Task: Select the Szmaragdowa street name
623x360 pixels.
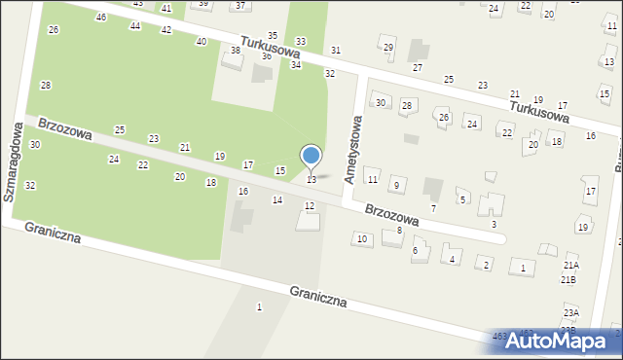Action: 13,162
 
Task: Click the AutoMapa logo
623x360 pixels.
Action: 563,341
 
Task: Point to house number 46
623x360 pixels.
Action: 101,18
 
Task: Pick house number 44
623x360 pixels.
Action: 135,25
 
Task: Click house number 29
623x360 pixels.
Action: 388,48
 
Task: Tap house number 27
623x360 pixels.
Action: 418,67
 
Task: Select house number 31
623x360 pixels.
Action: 336,50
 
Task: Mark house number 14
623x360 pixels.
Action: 277,199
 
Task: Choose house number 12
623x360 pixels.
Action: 310,205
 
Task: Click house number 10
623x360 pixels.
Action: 362,238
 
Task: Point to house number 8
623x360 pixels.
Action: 399,230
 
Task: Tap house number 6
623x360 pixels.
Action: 415,251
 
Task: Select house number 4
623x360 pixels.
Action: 452,259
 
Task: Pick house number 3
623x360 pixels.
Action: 494,225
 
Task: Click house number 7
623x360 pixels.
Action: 433,208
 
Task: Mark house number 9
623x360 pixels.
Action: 395,185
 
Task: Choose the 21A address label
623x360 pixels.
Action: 570,265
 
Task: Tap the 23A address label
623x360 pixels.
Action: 570,312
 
